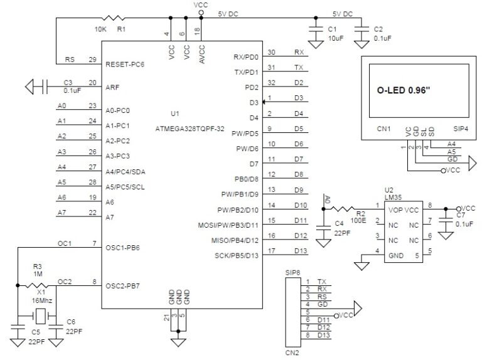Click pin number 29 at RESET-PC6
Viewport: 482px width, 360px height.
point(92,60)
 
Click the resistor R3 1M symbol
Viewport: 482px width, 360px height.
point(37,285)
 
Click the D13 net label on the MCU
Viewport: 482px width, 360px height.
point(299,251)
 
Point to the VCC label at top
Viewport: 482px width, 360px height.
point(200,4)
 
